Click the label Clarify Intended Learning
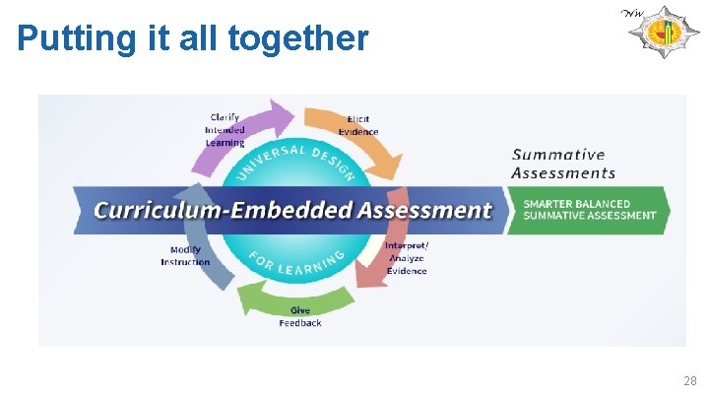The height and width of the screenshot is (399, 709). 225,129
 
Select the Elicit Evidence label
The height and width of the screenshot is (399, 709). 358,126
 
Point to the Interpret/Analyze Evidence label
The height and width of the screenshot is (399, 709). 407,258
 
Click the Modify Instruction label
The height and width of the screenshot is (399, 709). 185,256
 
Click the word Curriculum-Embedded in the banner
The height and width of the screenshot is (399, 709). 226,210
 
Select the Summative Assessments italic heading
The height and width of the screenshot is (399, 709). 562,164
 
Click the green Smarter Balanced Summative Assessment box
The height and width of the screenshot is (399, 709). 589,210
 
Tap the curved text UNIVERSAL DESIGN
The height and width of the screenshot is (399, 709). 295,157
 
